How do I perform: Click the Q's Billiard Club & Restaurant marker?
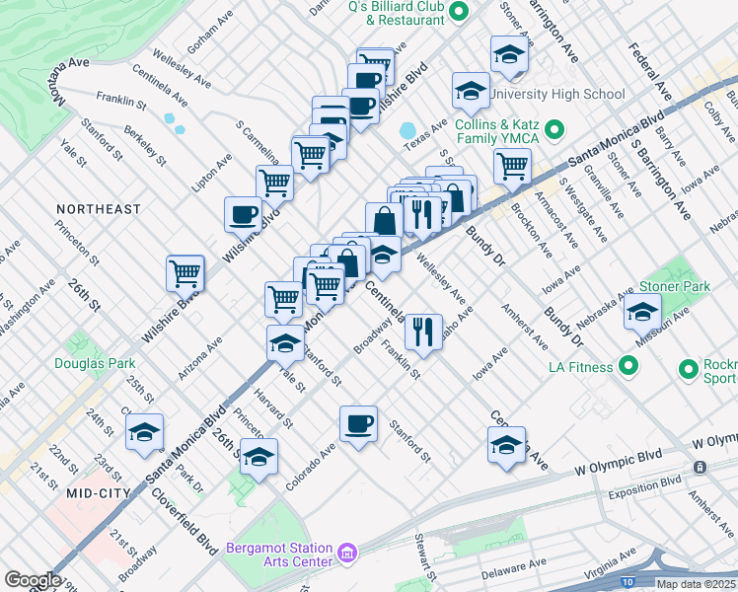(x=459, y=12)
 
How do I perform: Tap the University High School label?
(x=557, y=94)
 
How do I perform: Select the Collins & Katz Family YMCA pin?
(x=553, y=130)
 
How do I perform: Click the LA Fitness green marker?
(x=628, y=367)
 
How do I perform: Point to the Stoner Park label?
(x=676, y=287)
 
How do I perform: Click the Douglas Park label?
(x=95, y=363)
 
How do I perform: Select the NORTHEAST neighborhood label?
(x=99, y=209)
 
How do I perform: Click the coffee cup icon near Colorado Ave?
(x=358, y=424)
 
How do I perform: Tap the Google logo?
(x=33, y=580)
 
